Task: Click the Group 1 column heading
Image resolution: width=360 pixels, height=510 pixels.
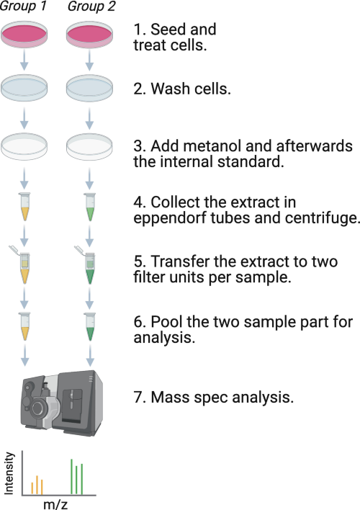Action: tap(23, 6)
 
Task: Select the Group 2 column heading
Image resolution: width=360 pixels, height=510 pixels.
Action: tap(91, 6)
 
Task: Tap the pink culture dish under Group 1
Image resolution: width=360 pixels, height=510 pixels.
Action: tap(24, 35)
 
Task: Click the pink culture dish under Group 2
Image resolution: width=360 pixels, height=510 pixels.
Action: tap(89, 35)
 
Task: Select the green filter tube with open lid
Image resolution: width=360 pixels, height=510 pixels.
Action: tap(86, 264)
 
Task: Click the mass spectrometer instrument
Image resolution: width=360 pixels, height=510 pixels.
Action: tap(62, 403)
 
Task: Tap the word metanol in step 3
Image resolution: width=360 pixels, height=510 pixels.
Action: tap(212, 146)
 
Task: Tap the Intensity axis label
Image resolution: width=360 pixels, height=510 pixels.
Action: tap(9, 473)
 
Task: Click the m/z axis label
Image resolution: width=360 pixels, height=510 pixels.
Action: tap(55, 504)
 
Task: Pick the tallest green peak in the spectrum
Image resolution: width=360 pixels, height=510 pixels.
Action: tap(71, 477)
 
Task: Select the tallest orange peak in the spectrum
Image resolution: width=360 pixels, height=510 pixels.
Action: tap(37, 486)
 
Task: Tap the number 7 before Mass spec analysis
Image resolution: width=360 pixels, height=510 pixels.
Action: tap(138, 397)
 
